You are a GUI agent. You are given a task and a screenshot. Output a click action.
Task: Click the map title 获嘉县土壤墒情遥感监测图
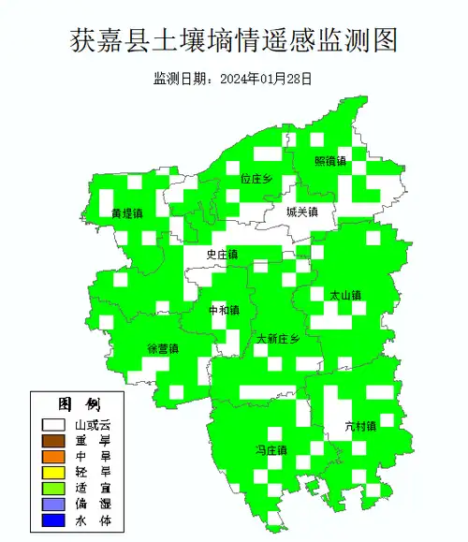coord(234,40)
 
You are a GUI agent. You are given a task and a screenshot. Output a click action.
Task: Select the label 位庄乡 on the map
coord(256,178)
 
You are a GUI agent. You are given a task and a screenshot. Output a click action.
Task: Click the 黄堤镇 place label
coord(126,213)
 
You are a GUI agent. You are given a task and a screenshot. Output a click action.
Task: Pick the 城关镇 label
coord(302,212)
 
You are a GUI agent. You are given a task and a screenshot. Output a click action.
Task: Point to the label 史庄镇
coord(222,255)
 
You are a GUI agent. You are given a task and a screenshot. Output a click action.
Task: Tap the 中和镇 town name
coord(224,310)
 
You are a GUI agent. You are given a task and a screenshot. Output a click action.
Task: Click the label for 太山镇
coord(344,295)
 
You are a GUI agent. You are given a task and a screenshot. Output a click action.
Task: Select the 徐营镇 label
coord(163,348)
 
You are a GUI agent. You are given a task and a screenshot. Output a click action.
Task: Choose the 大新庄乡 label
coord(278,339)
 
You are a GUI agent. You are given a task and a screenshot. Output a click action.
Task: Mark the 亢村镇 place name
coord(359,426)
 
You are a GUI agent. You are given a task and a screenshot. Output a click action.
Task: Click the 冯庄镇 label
coord(271,451)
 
